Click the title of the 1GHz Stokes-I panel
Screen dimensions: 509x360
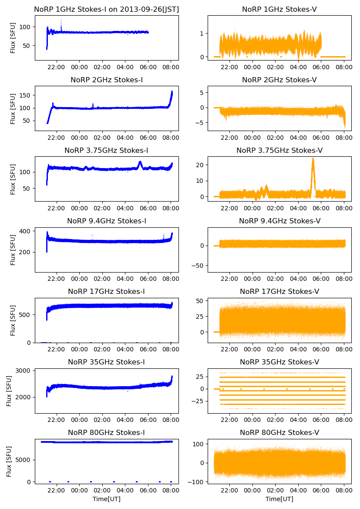[106, 9]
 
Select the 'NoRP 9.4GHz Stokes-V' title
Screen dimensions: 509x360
[279, 221]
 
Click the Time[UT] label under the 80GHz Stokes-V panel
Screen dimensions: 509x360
[279, 499]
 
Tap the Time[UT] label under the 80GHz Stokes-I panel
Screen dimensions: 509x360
[106, 499]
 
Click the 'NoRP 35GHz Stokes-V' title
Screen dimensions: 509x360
[279, 362]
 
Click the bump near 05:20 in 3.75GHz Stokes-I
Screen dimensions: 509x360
[140, 164]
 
